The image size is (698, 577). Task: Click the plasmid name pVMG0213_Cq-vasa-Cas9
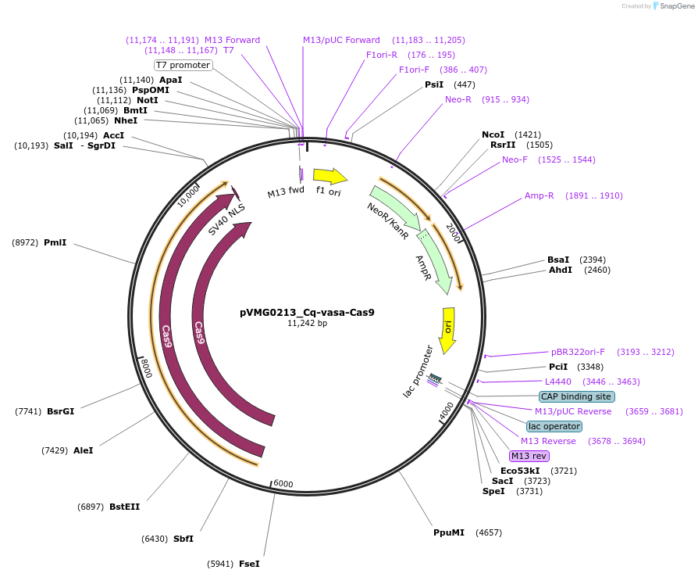[307, 312]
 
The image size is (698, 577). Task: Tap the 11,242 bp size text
[307, 323]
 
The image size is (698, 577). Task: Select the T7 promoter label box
[183, 65]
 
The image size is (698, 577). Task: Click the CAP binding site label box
[576, 396]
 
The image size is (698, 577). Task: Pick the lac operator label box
[554, 426]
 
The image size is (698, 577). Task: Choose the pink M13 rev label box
[529, 456]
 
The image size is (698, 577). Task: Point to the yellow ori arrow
[448, 328]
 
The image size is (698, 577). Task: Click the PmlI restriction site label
[55, 242]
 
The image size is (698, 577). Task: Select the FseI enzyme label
[249, 564]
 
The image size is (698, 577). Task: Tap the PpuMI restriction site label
[449, 532]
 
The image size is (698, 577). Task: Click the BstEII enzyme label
[124, 507]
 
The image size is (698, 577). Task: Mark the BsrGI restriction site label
[60, 410]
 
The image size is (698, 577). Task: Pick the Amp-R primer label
[539, 195]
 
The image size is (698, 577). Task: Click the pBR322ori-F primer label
[578, 352]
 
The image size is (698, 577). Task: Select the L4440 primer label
[558, 382]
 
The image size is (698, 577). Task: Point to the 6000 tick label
[283, 484]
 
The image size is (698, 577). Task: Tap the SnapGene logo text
[675, 6]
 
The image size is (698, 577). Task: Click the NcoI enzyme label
[493, 134]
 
